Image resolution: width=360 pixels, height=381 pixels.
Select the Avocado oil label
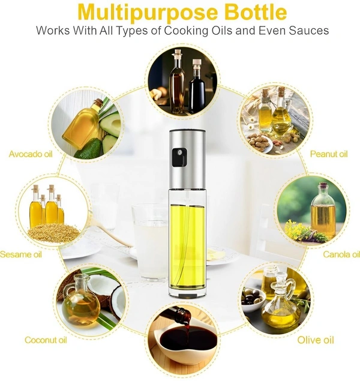[x=31, y=154]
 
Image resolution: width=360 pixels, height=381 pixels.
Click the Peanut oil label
[x=329, y=154]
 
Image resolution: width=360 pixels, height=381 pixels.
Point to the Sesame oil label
[x=21, y=254]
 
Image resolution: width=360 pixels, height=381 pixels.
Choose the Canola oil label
[x=341, y=254]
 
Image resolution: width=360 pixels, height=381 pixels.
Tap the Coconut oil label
[x=46, y=340]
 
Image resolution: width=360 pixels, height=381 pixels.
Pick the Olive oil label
[x=316, y=340]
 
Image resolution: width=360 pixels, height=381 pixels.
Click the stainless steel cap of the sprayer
[x=188, y=159]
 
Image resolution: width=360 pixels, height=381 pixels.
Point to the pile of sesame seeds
[x=53, y=232]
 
